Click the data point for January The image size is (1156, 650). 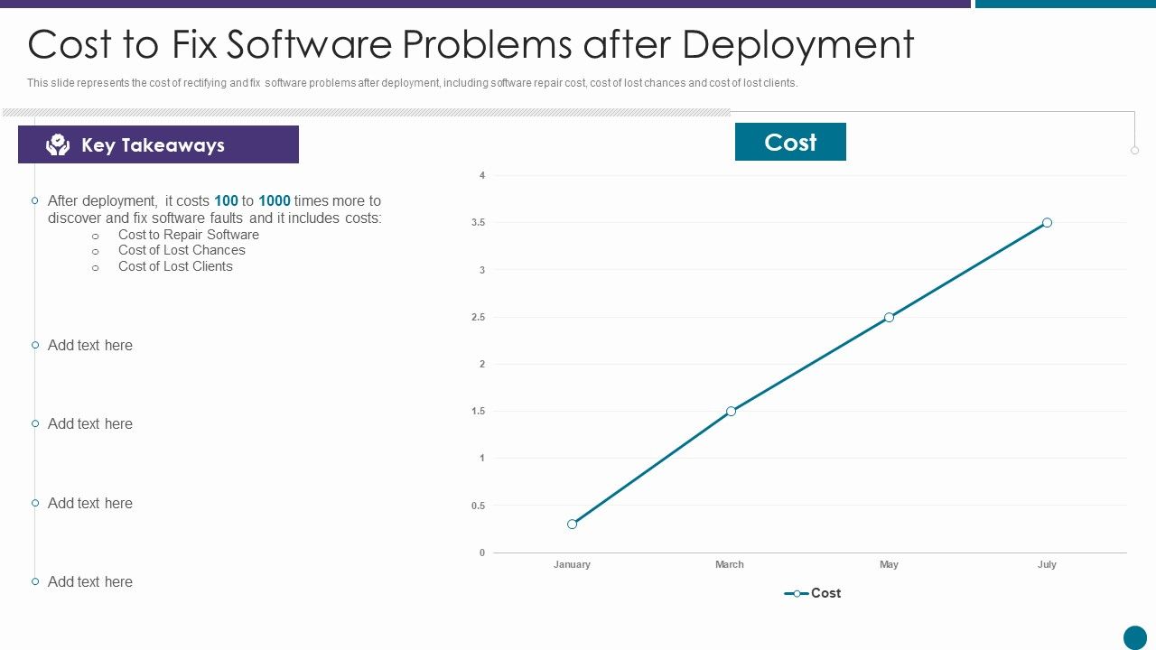[x=572, y=524]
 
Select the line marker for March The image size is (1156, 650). [x=731, y=411]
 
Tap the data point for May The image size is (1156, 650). [x=889, y=317]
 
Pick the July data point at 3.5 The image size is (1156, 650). [x=1047, y=222]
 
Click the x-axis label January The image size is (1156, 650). [x=572, y=564]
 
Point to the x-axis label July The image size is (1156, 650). [x=1047, y=564]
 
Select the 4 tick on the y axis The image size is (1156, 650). [x=482, y=175]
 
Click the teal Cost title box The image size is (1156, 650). [x=790, y=142]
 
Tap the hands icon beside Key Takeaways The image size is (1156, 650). [x=58, y=144]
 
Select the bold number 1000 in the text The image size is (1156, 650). [x=275, y=200]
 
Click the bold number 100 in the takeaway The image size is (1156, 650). [x=226, y=200]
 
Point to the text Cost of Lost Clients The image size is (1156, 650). [x=175, y=266]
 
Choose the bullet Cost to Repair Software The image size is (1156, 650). [x=188, y=235]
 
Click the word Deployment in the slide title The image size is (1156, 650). [x=797, y=44]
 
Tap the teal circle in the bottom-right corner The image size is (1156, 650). [x=1134, y=637]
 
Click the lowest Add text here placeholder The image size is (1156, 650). [x=90, y=581]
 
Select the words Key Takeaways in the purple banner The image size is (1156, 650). [x=153, y=145]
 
